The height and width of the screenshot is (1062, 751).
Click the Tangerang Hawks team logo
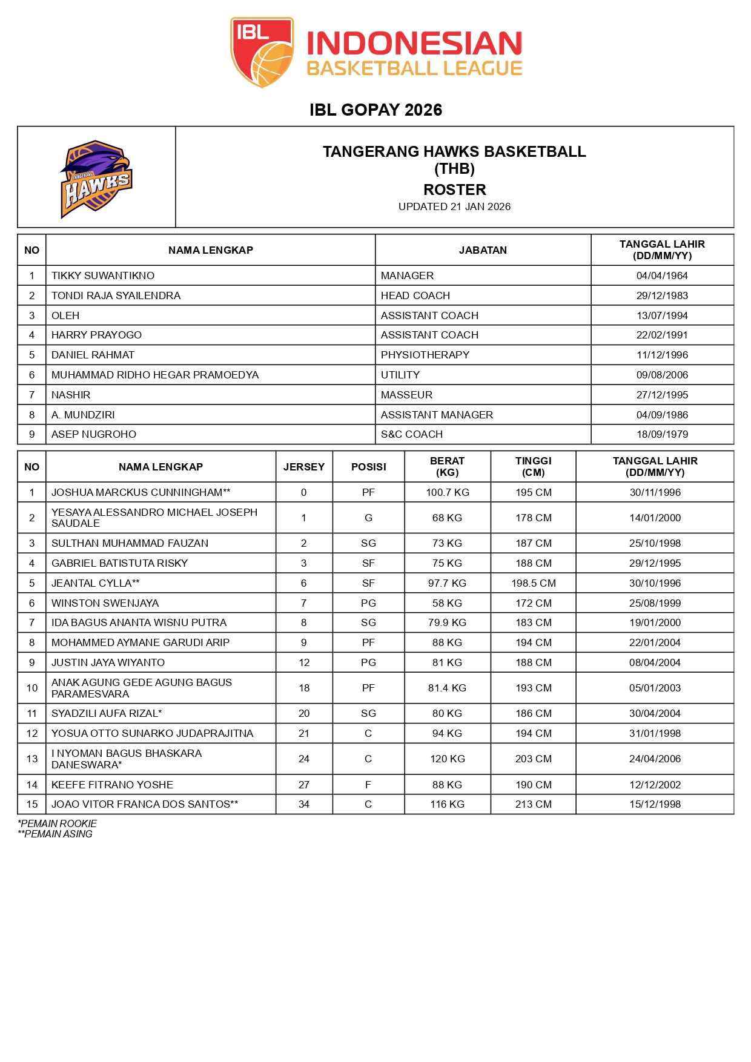(96, 179)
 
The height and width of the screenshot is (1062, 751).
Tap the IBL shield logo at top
(262, 52)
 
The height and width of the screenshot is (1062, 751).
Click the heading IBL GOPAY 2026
(375, 110)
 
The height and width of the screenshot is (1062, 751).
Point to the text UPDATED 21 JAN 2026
(454, 206)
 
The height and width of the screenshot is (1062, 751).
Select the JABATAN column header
(483, 250)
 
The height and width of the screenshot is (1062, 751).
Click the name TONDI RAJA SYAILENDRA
(116, 295)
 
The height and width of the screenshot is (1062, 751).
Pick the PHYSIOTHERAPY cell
(425, 355)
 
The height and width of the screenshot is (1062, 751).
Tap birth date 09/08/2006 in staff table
(662, 375)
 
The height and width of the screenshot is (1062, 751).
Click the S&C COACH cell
(411, 434)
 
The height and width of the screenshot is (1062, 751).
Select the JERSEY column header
(304, 467)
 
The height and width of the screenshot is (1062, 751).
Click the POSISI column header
(368, 467)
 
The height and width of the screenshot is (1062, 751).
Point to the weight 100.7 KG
(447, 492)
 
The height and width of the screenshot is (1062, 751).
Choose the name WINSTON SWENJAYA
(105, 603)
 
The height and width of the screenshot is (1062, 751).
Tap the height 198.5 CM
(533, 583)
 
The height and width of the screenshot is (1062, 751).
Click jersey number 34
(304, 804)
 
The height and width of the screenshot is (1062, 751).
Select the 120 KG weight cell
(447, 759)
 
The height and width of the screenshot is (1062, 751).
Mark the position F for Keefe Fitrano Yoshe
(368, 785)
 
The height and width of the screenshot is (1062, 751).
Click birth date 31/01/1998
(655, 733)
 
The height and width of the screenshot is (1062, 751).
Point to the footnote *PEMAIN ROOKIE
(58, 823)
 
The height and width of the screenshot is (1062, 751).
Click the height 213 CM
(533, 804)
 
